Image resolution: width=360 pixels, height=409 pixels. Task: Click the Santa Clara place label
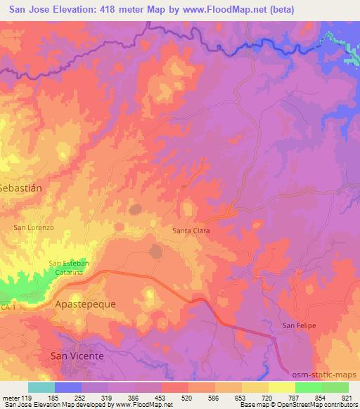click(192, 230)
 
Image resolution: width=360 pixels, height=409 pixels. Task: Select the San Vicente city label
click(77, 356)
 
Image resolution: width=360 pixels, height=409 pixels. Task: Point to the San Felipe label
click(300, 325)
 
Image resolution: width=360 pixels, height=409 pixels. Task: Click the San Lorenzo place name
click(34, 228)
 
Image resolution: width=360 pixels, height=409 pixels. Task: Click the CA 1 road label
click(6, 309)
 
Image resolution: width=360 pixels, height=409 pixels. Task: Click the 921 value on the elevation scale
click(346, 398)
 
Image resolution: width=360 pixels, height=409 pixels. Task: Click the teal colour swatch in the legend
click(41, 387)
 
